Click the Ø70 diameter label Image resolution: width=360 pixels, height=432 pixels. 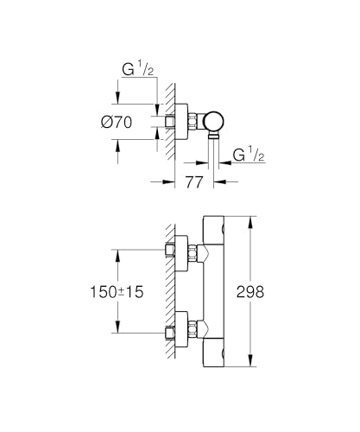[x=118, y=122]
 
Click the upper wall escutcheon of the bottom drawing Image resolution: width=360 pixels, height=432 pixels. [x=184, y=251]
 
